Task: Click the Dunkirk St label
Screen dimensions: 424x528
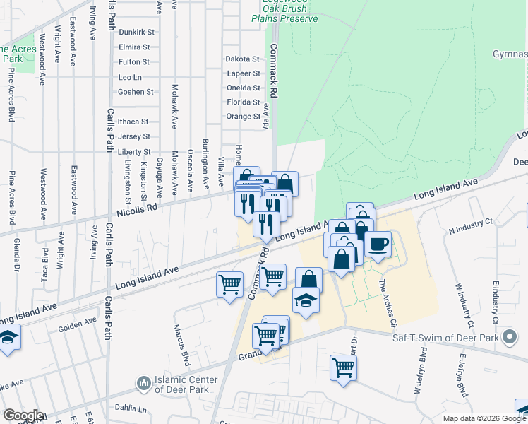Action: click(x=136, y=32)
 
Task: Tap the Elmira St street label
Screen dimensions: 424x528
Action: click(x=135, y=47)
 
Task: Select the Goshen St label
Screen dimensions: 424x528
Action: click(x=136, y=92)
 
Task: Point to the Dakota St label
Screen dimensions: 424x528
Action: click(x=242, y=59)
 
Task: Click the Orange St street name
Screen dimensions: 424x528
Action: click(x=243, y=117)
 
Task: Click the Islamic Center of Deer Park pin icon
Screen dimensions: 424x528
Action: click(x=143, y=383)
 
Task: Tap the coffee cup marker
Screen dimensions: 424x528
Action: click(x=378, y=245)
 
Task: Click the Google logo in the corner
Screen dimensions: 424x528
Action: click(x=23, y=416)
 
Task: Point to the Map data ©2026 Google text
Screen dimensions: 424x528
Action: click(x=484, y=418)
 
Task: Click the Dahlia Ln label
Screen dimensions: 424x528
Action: click(x=132, y=409)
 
